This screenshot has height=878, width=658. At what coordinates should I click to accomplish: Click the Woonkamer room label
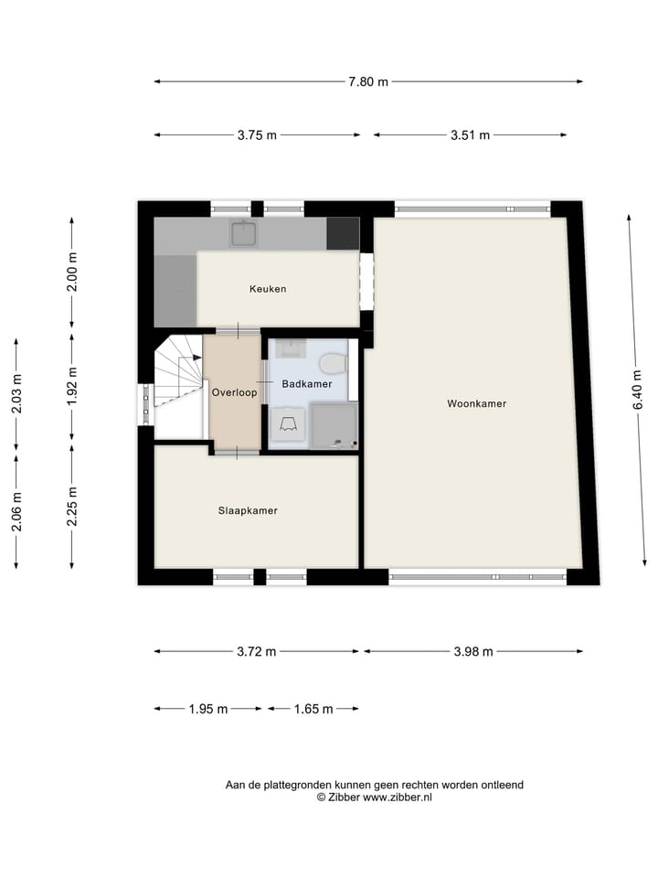click(x=476, y=403)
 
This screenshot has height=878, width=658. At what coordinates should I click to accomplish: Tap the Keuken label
click(x=268, y=289)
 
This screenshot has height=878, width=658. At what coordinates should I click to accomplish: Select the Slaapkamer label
click(x=247, y=510)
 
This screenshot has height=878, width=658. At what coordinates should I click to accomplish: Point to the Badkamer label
click(x=306, y=384)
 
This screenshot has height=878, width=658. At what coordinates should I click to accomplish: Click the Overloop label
click(x=234, y=392)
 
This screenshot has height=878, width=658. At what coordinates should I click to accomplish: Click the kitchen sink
click(x=243, y=234)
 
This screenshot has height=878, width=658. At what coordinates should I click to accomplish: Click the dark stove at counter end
click(x=343, y=234)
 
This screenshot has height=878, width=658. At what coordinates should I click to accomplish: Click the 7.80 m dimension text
click(x=367, y=82)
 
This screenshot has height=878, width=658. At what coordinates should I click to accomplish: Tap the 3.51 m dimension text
click(x=470, y=135)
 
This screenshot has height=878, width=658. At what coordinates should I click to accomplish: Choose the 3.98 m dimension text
click(x=473, y=651)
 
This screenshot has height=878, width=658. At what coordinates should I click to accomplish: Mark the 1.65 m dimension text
click(x=313, y=709)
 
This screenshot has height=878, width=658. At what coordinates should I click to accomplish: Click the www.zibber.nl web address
click(x=398, y=798)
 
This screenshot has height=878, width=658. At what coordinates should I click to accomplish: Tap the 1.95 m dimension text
click(x=207, y=709)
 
